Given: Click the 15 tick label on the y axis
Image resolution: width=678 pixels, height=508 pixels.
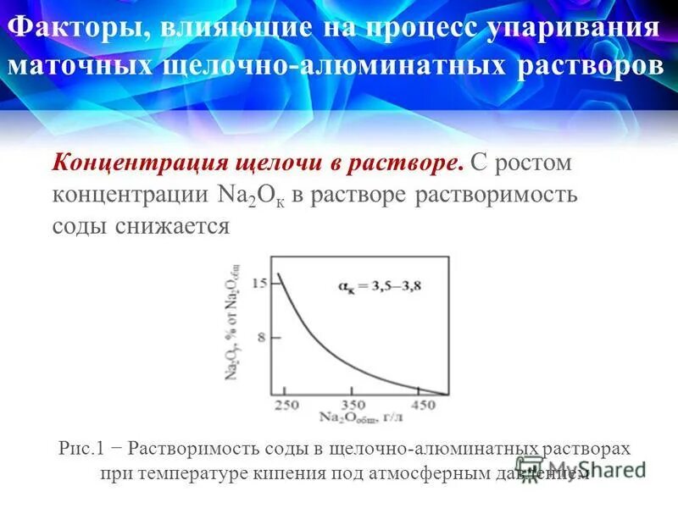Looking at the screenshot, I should pos(259,284).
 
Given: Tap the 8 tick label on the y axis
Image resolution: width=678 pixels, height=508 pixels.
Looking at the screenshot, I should pos(262,337).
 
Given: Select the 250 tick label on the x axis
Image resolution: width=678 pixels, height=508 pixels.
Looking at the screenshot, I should pos(286,406).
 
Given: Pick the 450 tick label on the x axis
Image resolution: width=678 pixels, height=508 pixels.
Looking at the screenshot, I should pos(421,406).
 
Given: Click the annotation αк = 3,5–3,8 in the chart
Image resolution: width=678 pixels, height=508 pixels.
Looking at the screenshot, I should pos(380,285).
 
